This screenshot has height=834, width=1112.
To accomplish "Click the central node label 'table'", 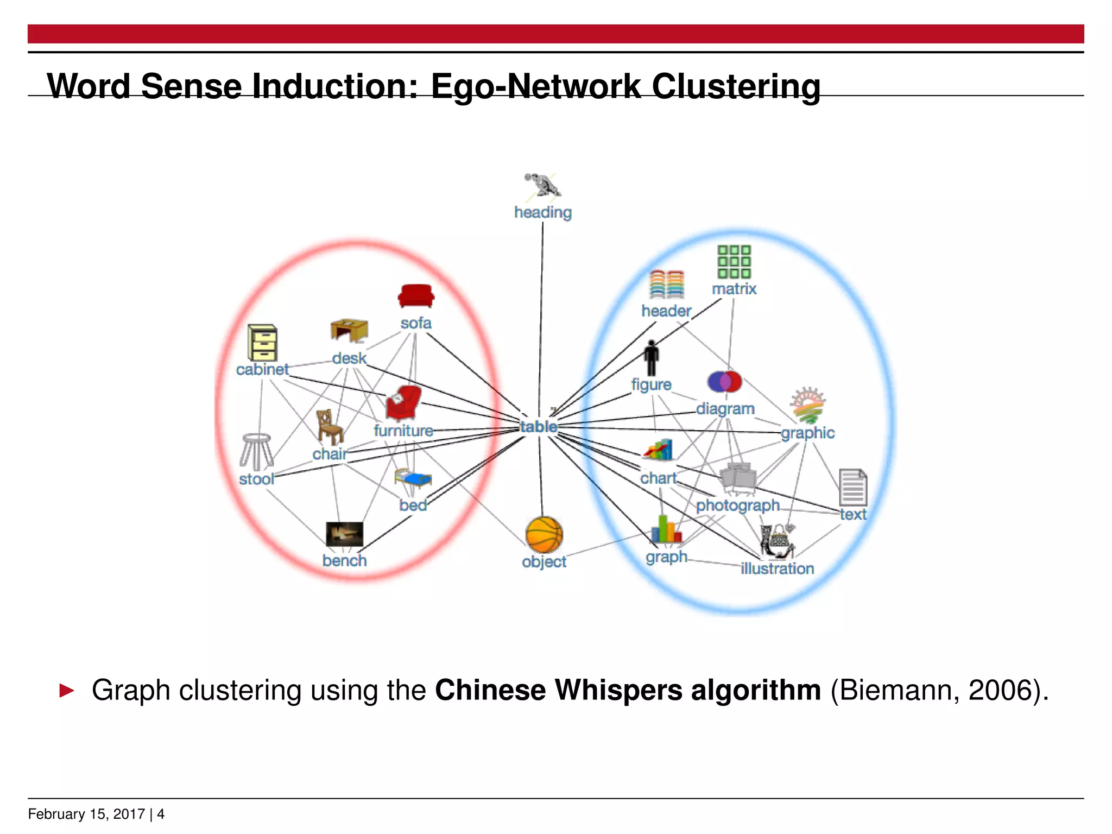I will (x=539, y=427).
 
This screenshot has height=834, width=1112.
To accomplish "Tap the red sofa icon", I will (x=416, y=296).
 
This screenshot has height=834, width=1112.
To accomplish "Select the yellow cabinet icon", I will (x=262, y=343).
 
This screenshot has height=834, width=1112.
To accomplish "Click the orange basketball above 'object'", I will (x=544, y=535).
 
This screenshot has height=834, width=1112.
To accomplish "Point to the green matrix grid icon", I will (x=734, y=262).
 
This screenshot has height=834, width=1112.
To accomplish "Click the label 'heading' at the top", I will (x=543, y=212).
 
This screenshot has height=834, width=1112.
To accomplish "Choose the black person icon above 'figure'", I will (x=651, y=358).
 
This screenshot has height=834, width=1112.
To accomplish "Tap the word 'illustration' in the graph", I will (x=777, y=568).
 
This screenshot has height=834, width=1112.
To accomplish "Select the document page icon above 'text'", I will (x=852, y=488).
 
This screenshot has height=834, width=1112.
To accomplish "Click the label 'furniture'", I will (x=403, y=431).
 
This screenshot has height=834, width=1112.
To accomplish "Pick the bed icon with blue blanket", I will (x=413, y=478).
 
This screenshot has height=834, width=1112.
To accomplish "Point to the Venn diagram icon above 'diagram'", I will (x=725, y=382).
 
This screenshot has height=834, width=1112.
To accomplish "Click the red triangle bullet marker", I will (x=67, y=691).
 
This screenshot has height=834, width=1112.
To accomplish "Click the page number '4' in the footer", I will (x=161, y=814).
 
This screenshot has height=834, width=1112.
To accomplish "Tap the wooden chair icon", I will (x=329, y=427).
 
